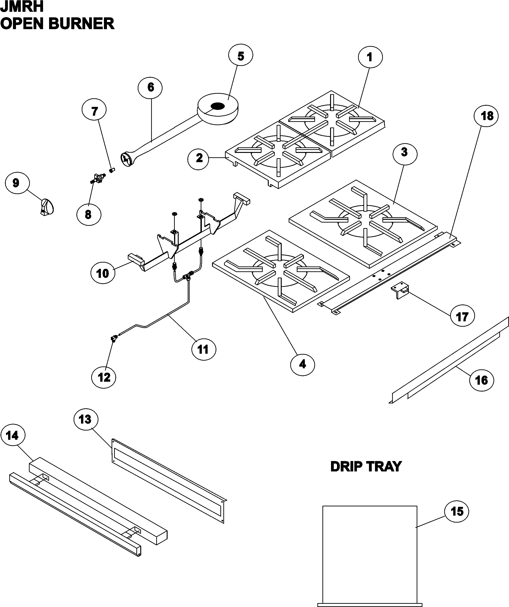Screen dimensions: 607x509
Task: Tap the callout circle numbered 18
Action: (487, 116)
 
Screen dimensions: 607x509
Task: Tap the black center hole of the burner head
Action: (218, 106)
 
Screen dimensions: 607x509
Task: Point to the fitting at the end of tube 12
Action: (114, 338)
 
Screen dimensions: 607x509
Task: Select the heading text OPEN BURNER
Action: (57, 23)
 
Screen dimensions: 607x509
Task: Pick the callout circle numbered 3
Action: (404, 152)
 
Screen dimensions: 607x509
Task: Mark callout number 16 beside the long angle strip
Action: (481, 380)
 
